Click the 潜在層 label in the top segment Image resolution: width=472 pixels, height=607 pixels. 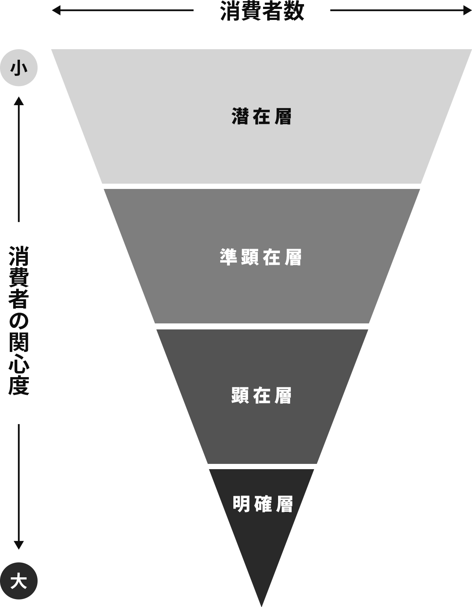tap(262, 116)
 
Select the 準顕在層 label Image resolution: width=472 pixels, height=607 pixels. tap(261, 257)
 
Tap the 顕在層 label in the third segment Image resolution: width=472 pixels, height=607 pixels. tap(262, 396)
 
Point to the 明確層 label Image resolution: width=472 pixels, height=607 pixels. tap(262, 504)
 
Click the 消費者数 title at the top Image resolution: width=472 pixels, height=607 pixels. tap(262, 11)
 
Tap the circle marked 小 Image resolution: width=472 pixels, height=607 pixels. tap(19, 68)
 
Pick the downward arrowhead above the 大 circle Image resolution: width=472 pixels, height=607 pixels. tap(19, 545)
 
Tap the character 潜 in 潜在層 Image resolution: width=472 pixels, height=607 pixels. tap(240, 116)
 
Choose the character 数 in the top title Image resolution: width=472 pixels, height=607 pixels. tap(294, 11)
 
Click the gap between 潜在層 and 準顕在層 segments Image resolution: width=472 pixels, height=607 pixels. tap(262, 186)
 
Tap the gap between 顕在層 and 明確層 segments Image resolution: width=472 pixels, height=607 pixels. tap(262, 467)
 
